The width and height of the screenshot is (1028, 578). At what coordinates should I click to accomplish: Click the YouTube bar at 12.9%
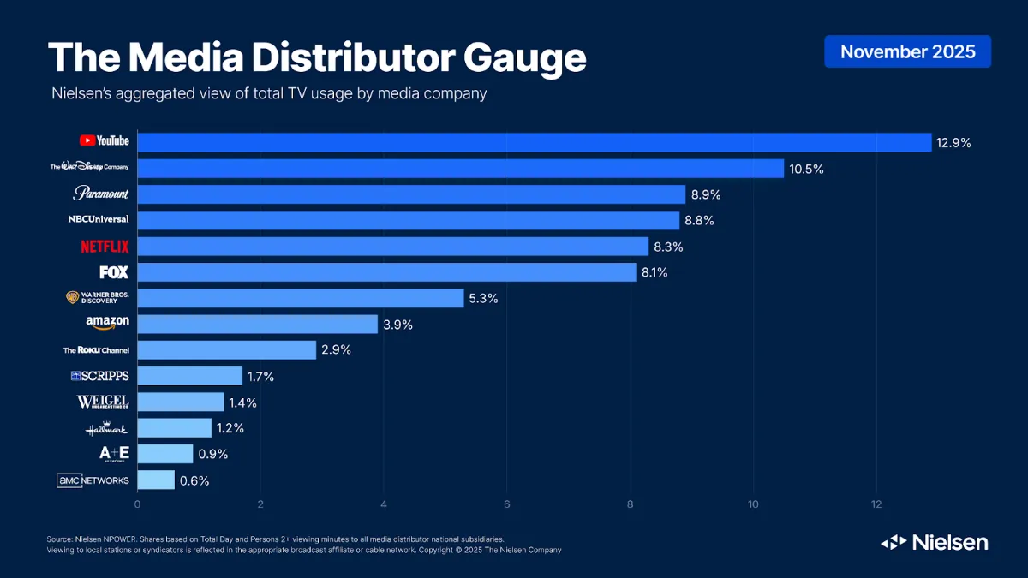(534, 142)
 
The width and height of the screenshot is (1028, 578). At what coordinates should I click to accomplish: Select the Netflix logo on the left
(105, 247)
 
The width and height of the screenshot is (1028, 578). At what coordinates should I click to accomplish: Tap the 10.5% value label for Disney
(806, 169)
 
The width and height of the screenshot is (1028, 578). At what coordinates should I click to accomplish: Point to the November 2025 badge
(907, 51)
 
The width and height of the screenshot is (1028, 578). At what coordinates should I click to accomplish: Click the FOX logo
(114, 272)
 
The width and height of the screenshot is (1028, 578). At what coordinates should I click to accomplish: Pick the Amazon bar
(257, 324)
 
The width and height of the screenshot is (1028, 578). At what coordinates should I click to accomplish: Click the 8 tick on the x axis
(631, 504)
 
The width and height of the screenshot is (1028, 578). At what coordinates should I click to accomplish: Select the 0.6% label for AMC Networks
(194, 480)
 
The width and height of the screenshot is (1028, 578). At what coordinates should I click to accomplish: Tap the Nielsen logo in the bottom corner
(935, 542)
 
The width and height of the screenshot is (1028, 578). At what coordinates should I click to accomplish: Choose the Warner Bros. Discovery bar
(300, 298)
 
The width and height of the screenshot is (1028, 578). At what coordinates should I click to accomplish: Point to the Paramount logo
(101, 194)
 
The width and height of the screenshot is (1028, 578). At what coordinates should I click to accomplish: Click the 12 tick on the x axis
(876, 504)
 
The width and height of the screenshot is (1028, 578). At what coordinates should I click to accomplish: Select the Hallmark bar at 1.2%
(174, 427)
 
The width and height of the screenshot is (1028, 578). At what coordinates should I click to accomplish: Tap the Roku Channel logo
(96, 350)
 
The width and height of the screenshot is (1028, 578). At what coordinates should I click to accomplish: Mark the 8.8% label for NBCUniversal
(698, 221)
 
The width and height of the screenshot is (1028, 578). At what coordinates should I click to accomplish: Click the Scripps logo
(99, 376)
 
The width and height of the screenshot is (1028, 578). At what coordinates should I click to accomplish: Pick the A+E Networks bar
(164, 454)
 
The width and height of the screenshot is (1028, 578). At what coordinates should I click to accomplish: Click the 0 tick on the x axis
(137, 504)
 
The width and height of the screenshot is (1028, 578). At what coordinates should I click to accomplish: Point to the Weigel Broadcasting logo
(103, 402)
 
